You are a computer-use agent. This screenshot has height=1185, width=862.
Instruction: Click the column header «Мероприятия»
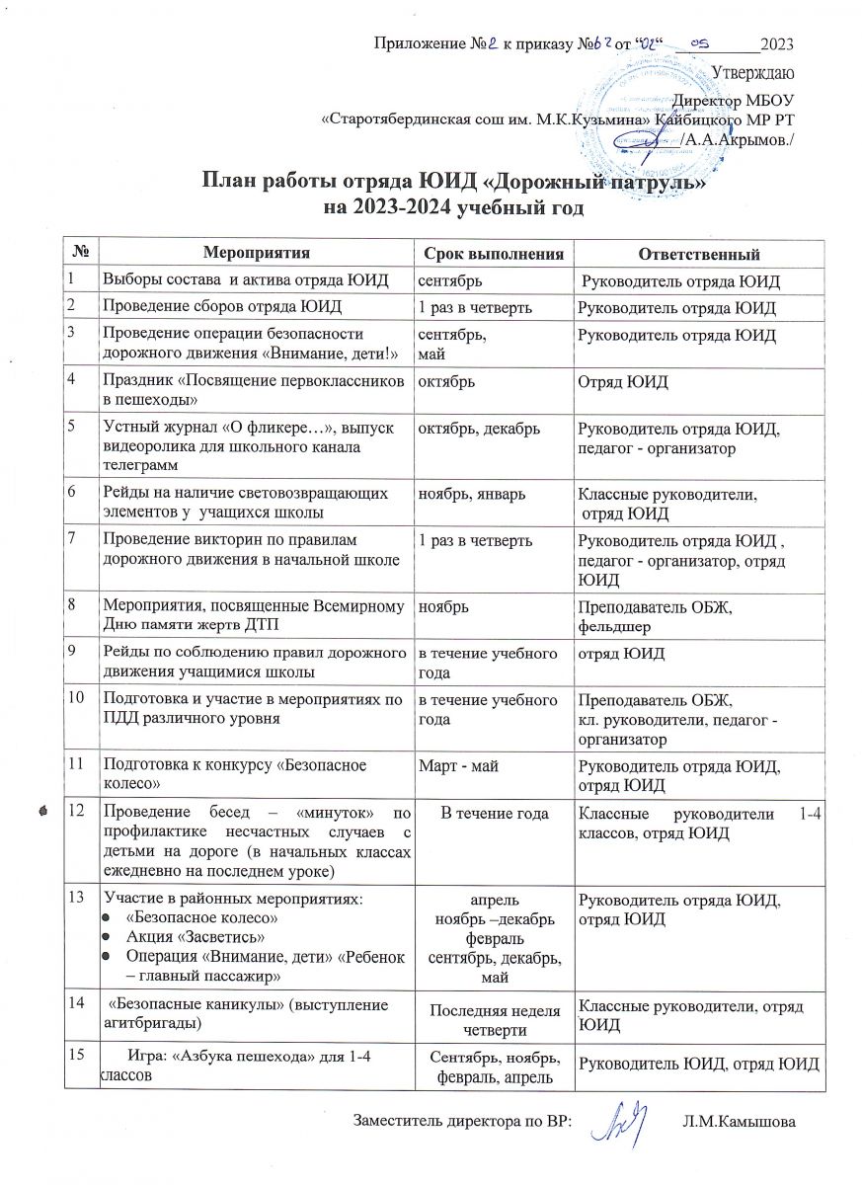click(x=257, y=254)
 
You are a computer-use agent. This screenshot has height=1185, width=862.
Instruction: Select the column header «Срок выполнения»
click(x=492, y=254)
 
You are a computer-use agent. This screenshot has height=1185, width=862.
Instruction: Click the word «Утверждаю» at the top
click(x=754, y=71)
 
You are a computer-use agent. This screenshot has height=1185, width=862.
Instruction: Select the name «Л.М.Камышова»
click(x=739, y=1122)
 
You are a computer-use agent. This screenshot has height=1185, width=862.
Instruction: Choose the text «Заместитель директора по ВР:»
click(x=462, y=1122)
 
